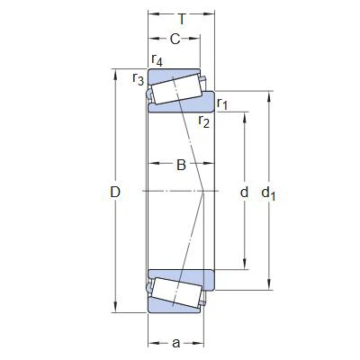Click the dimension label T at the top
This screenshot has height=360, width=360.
pos(183,18)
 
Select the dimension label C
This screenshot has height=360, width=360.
pos(175,39)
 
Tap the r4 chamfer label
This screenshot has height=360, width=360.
pos(157,60)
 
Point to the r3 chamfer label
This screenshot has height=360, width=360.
pos(138,79)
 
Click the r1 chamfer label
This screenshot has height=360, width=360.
pos(222,103)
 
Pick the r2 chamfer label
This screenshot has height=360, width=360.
pos(203,121)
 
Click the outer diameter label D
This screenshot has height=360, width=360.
pos(114,192)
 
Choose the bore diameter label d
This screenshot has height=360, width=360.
pos(243,192)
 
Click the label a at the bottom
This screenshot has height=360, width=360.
pos(175,342)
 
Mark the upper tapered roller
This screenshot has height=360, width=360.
pos(176,89)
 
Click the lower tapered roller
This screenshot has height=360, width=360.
pos(176,292)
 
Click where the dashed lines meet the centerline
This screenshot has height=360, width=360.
pos(208,192)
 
